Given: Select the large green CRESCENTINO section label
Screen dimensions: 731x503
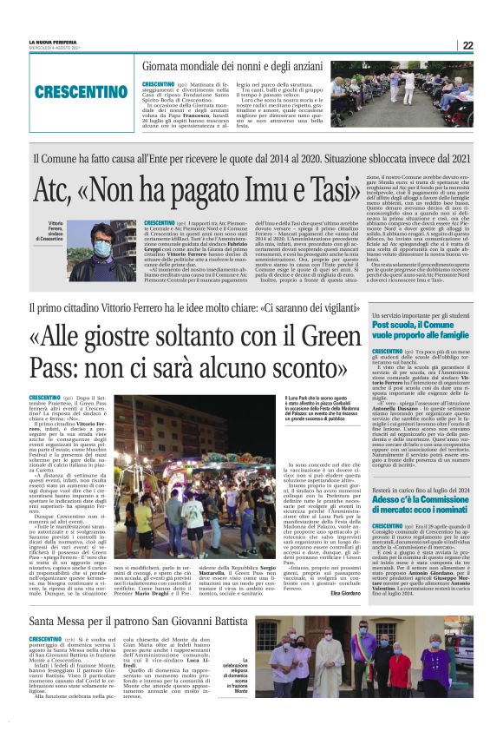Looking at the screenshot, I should pos(72,90).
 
